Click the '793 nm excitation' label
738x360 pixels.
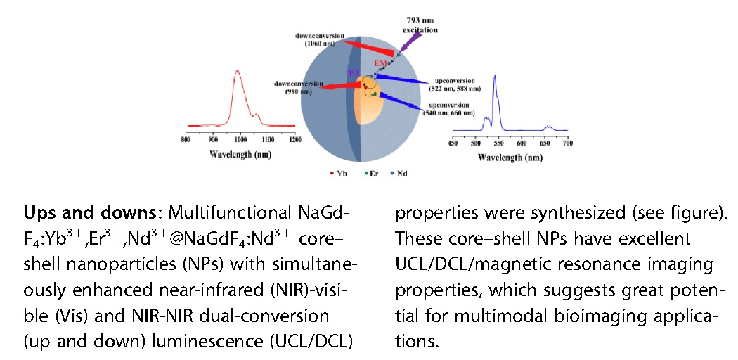pos(420,26)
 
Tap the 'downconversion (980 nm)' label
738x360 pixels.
pos(294,88)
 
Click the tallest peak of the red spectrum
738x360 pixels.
pos(238,71)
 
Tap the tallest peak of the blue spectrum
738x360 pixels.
pos(495,76)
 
